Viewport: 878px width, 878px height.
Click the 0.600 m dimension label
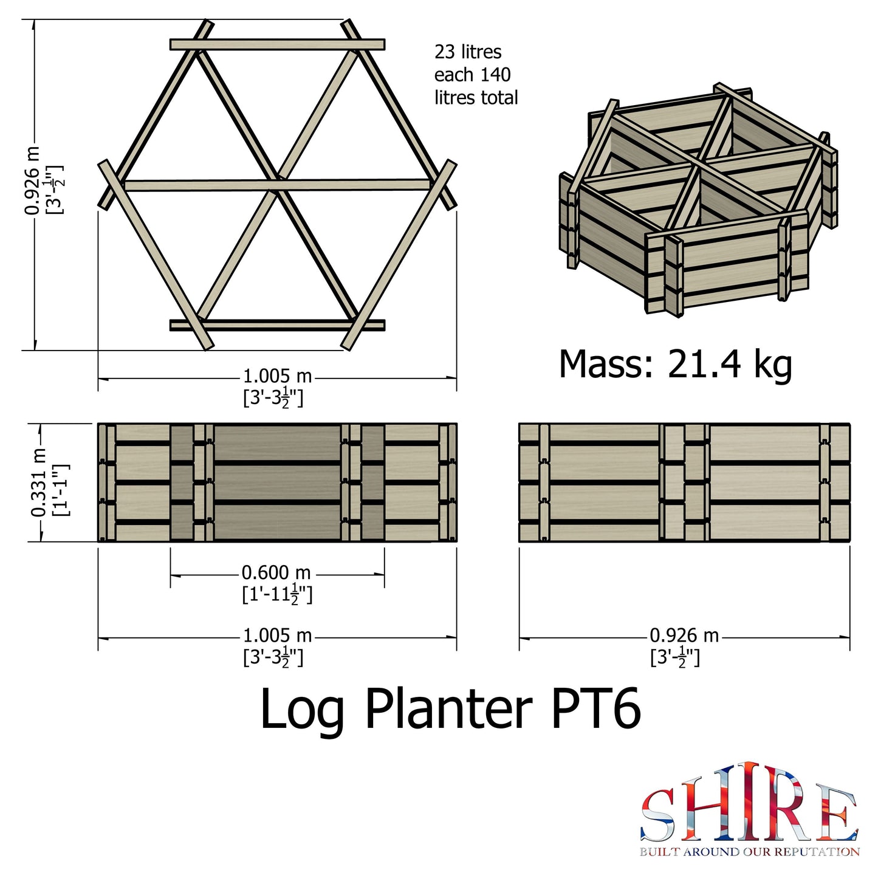click(x=276, y=572)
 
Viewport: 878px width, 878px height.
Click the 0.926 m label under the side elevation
click(x=684, y=636)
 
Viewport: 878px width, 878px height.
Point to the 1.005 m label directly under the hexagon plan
click(x=277, y=376)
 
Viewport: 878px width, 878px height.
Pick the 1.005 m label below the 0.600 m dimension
click(x=277, y=636)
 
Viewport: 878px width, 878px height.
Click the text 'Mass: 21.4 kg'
click(x=675, y=365)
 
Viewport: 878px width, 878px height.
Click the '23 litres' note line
click(x=468, y=52)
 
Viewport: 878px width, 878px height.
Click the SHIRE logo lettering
click(x=749, y=803)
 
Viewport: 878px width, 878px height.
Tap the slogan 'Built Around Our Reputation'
click(x=749, y=852)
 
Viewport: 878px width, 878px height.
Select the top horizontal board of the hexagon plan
click(x=277, y=44)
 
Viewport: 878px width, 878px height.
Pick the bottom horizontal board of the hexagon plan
click(x=277, y=325)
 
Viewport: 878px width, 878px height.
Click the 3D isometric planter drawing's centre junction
click(x=700, y=164)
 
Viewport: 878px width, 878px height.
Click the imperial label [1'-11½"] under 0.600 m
click(x=277, y=594)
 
